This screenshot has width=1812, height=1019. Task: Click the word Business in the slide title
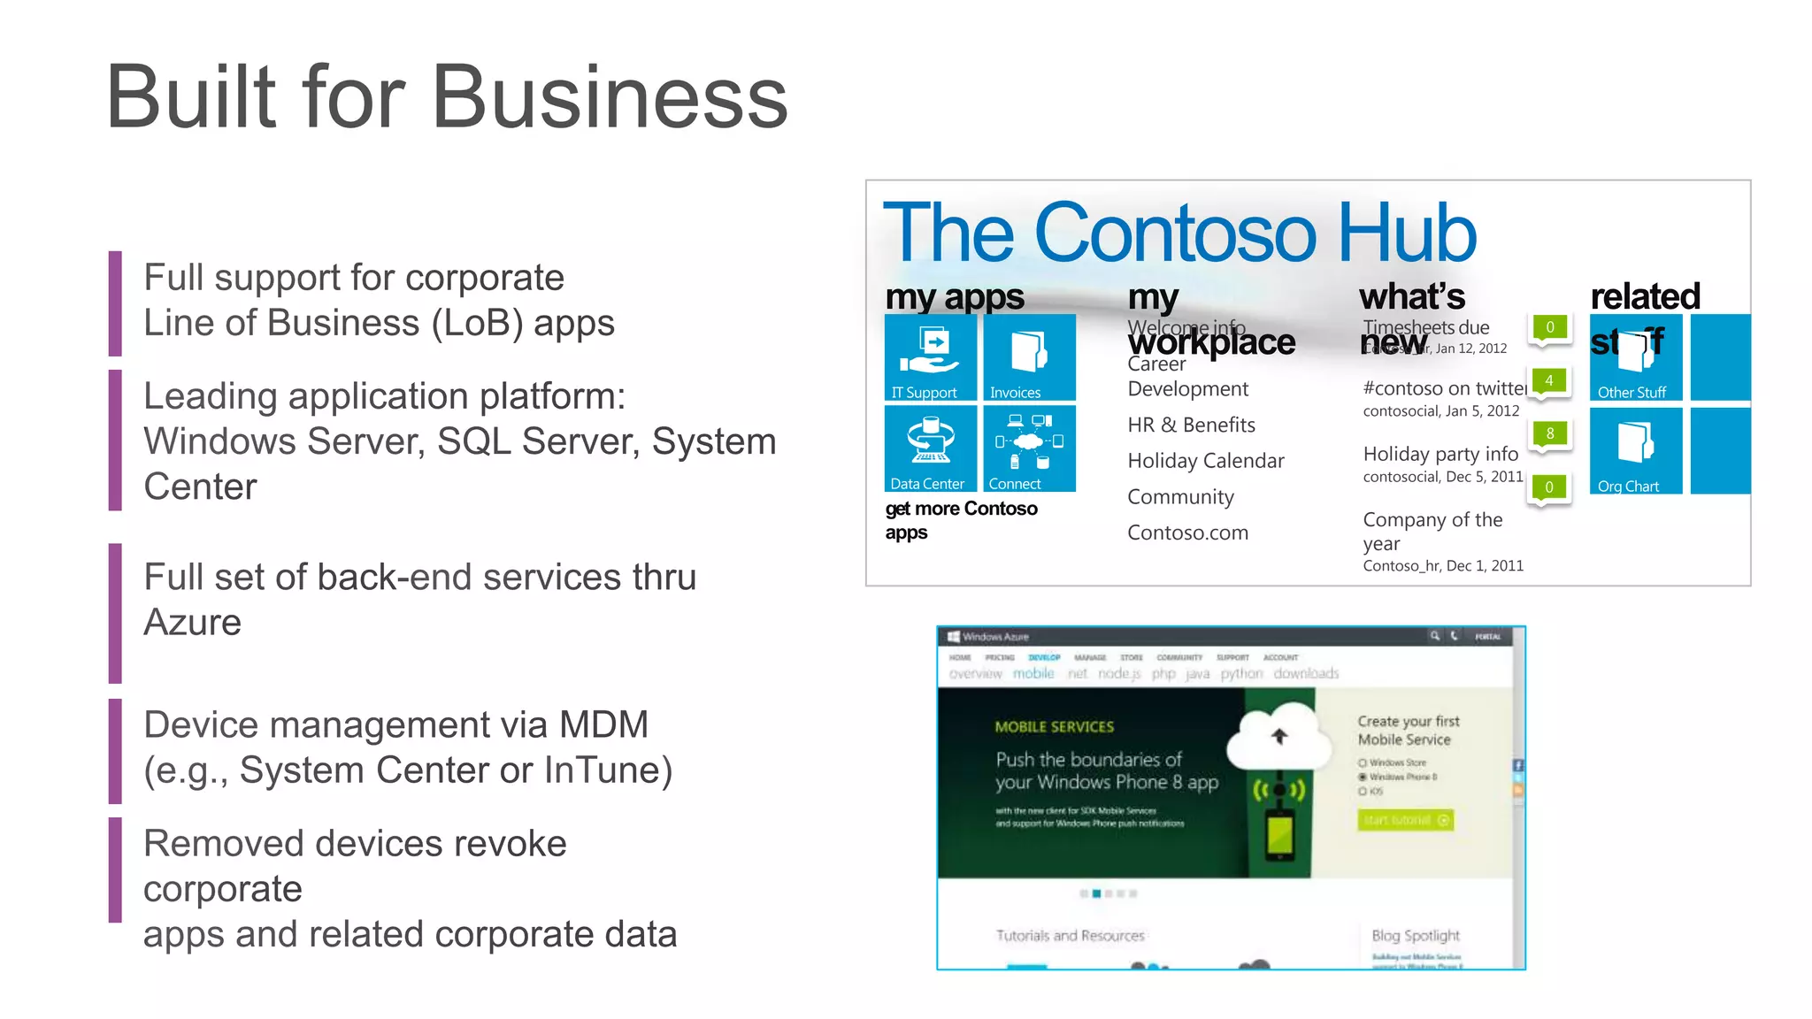click(x=610, y=97)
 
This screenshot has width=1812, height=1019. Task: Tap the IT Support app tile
click(x=930, y=357)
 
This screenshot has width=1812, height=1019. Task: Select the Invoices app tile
click(x=1029, y=357)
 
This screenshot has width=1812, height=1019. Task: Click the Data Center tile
click(x=930, y=448)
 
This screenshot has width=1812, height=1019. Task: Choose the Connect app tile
click(x=1029, y=448)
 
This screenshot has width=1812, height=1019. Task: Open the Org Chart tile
click(x=1635, y=450)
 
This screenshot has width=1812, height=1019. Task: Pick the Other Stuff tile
click(x=1635, y=357)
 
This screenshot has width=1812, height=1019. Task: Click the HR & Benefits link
click(x=1191, y=425)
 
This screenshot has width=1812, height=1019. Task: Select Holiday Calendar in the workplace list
click(x=1205, y=461)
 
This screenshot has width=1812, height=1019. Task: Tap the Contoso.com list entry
click(x=1187, y=532)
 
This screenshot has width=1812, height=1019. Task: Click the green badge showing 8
click(x=1549, y=433)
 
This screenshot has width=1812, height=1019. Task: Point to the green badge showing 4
click(x=1548, y=380)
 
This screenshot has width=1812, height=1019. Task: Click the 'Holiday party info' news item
click(x=1440, y=454)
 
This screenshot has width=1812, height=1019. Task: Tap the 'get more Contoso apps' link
click(x=961, y=520)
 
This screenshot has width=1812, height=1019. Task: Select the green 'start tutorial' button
click(x=1405, y=820)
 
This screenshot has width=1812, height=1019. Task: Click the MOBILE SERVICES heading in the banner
click(x=1054, y=727)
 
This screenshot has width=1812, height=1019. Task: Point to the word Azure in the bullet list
click(x=192, y=623)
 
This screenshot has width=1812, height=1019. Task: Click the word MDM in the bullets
click(x=603, y=725)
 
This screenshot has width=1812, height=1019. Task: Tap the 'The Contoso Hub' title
click(x=1179, y=232)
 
